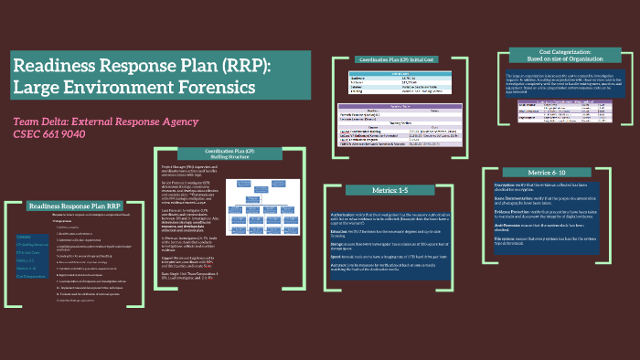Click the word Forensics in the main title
(208, 89)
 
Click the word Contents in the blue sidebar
(25, 237)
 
